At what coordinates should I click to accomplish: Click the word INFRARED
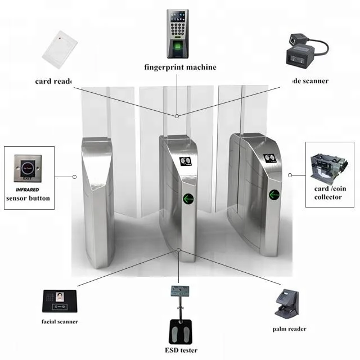[x=28, y=189]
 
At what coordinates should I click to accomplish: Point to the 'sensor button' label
[x=28, y=198]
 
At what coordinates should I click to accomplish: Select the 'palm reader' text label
[x=289, y=329]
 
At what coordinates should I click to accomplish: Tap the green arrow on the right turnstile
[x=274, y=195]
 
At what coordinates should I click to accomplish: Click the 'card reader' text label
[x=54, y=81]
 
